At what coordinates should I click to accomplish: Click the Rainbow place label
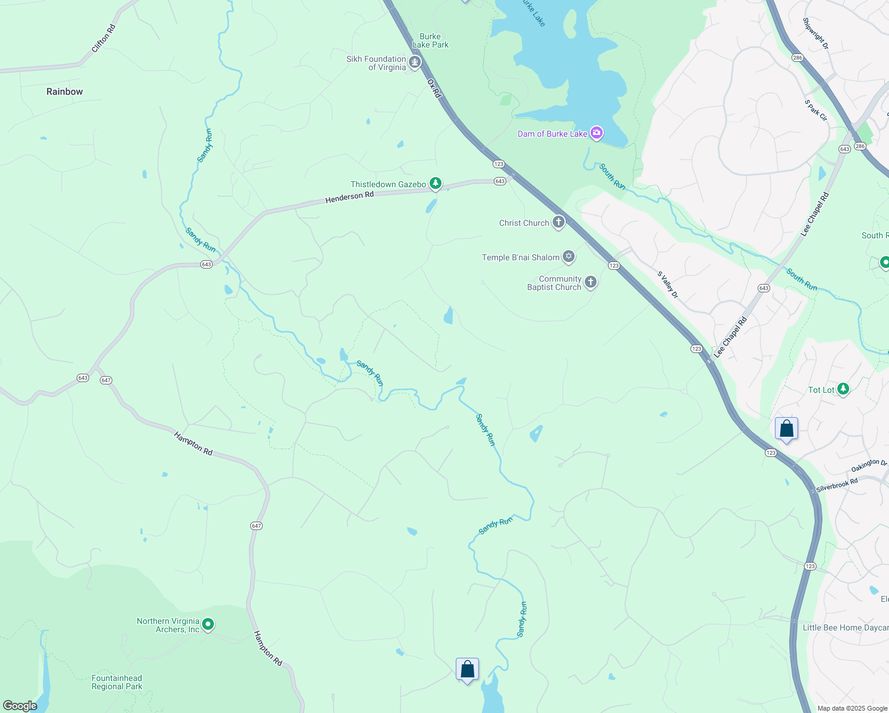pos(65,92)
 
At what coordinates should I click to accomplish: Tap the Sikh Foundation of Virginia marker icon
pos(415,62)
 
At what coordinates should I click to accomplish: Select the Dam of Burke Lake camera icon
pos(596,133)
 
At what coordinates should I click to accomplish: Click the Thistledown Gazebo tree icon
pos(436,184)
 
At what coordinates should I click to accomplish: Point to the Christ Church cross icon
pos(558,222)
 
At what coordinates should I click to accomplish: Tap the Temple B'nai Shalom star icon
pos(569,257)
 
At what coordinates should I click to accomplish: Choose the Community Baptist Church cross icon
pos(590,282)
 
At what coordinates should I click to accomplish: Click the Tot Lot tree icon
pos(843,389)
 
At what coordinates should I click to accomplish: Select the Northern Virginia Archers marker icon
pos(208,624)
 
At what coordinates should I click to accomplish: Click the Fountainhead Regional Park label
pos(117,682)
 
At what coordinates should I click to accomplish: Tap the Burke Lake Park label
pos(430,40)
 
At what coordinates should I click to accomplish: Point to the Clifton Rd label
pos(103,39)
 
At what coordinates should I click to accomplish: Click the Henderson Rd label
pos(349,197)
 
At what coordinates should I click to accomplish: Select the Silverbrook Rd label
pos(837,485)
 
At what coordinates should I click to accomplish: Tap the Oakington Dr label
pos(869,466)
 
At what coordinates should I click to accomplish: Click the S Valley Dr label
pos(667,285)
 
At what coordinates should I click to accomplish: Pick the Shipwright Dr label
pos(815,33)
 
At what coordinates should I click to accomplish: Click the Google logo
pos(20,705)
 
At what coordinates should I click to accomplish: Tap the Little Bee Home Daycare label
pos(845,627)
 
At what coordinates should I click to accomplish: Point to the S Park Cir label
pos(816,111)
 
